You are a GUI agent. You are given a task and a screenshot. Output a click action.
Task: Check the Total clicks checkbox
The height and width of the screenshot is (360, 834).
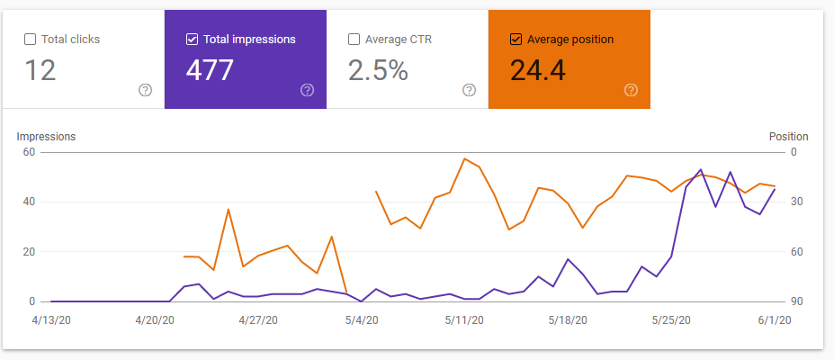(x=31, y=40)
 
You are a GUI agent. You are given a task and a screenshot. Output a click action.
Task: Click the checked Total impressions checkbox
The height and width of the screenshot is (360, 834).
(x=193, y=40)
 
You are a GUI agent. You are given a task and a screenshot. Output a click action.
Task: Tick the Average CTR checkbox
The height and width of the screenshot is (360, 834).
(x=354, y=40)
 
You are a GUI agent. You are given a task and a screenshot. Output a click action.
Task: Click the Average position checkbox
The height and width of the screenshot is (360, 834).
(x=516, y=40)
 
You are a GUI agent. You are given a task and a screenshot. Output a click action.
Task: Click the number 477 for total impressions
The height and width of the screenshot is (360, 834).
(x=210, y=70)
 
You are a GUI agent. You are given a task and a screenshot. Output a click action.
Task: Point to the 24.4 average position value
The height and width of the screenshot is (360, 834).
(x=538, y=70)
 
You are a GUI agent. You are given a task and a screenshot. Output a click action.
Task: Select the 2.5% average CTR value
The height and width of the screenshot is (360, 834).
(x=378, y=70)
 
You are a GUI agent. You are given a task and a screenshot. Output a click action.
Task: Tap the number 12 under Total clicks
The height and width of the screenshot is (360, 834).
(x=40, y=70)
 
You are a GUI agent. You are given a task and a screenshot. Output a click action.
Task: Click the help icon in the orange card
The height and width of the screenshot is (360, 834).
(x=631, y=90)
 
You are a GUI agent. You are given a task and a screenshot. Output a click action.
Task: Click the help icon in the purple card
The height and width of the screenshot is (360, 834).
(x=307, y=90)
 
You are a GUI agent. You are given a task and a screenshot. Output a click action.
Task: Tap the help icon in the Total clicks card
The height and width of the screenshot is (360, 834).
(x=145, y=90)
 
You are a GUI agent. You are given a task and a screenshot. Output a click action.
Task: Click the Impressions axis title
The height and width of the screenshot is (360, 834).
(x=46, y=137)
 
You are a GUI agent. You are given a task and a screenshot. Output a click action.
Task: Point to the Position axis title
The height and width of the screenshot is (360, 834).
(x=789, y=137)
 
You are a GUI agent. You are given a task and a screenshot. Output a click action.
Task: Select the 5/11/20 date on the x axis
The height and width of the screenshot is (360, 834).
(x=464, y=320)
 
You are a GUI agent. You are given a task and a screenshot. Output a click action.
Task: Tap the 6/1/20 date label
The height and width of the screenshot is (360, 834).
(x=775, y=320)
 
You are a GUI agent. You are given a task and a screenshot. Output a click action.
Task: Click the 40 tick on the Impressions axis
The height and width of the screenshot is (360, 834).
(x=29, y=202)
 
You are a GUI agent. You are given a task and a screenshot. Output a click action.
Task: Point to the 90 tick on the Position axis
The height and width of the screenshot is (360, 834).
(x=797, y=301)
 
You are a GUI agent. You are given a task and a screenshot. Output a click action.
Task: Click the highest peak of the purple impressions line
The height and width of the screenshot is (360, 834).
(x=701, y=169)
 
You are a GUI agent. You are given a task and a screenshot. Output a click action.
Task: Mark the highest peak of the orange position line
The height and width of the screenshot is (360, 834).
(x=464, y=158)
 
